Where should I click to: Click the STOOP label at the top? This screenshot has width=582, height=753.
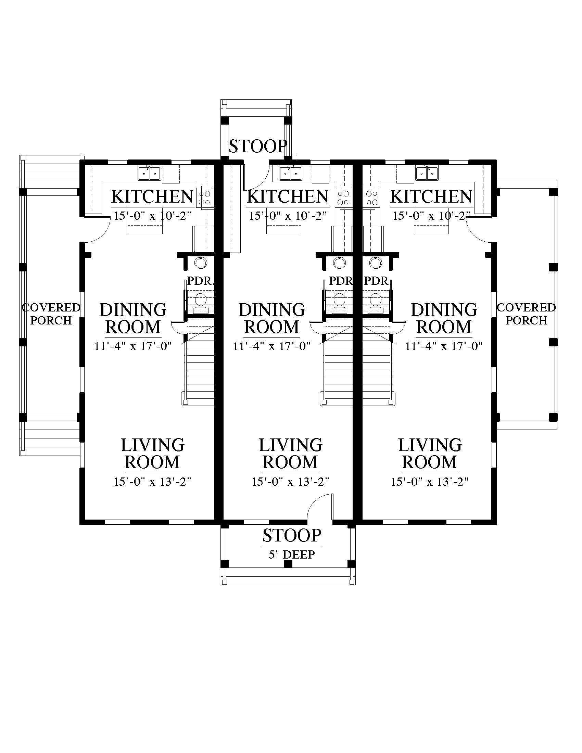(258, 146)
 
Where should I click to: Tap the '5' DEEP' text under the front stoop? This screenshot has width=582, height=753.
(292, 555)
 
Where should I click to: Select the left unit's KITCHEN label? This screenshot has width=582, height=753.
(152, 197)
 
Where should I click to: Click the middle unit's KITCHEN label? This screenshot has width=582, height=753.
(288, 197)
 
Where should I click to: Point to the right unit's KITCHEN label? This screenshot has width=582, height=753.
(431, 197)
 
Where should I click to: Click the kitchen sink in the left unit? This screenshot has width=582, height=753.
(149, 173)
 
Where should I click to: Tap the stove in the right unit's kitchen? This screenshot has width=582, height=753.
(371, 198)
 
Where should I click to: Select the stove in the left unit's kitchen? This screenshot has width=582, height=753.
(205, 198)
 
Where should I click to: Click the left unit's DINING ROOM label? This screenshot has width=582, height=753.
(133, 318)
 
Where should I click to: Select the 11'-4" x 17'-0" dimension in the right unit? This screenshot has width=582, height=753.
(444, 346)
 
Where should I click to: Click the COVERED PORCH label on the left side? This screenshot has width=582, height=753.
(51, 314)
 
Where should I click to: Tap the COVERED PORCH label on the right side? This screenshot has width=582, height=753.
(526, 314)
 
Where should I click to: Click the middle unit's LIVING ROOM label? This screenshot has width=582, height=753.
(290, 454)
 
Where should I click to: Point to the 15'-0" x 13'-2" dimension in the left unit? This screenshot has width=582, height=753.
(152, 481)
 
